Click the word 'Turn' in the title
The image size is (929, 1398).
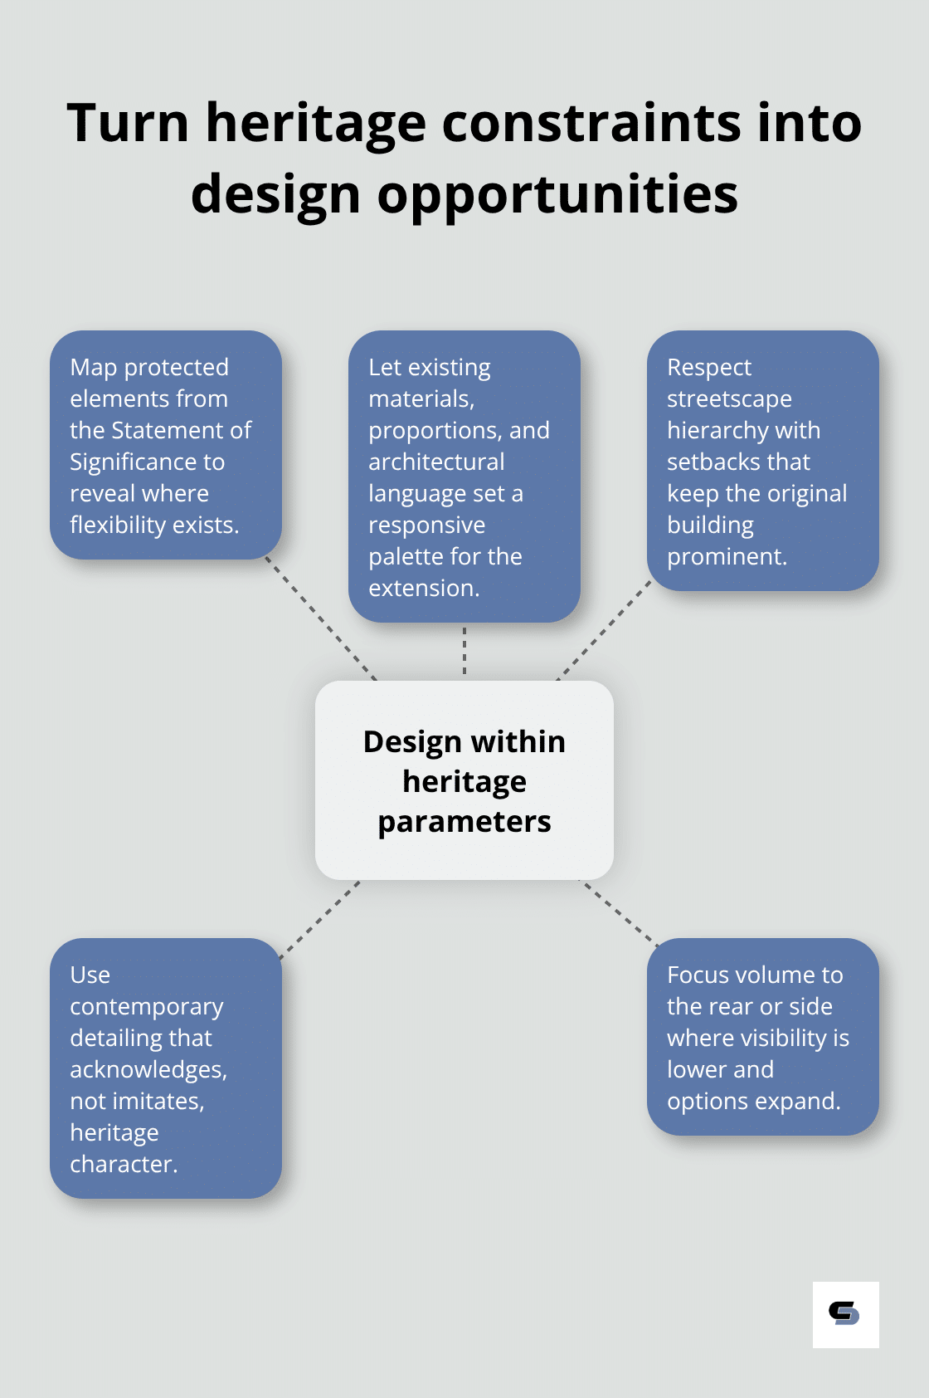[x=129, y=123]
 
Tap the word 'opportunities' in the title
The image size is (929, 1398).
[x=557, y=196]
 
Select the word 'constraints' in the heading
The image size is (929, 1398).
[x=591, y=123]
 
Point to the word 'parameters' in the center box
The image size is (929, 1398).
[x=464, y=822]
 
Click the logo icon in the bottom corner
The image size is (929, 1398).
[x=845, y=1314]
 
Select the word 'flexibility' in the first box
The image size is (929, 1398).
[x=118, y=525]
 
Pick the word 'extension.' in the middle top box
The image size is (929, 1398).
[x=424, y=589]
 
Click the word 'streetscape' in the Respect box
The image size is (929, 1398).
[x=729, y=399]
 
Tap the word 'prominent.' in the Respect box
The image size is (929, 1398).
[x=727, y=557]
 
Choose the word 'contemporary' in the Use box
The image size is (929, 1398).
[x=147, y=1007]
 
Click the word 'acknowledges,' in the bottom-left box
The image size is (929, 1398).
[x=148, y=1070]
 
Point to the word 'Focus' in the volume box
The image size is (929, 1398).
[x=698, y=975]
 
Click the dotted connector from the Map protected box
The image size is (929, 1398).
[x=321, y=619]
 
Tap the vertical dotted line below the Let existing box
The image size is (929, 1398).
[x=464, y=651]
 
